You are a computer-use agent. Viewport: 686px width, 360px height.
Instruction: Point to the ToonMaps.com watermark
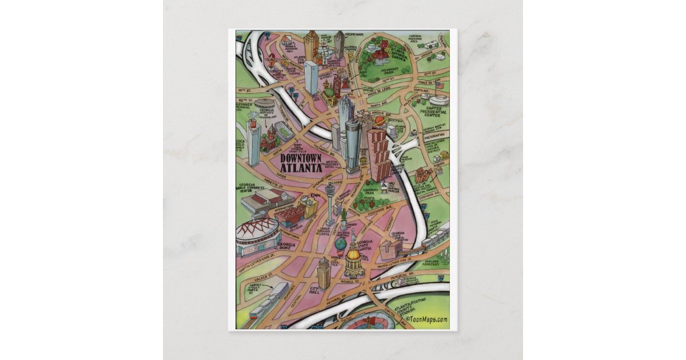[426, 319]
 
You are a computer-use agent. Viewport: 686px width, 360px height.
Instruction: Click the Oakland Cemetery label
[431, 262]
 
